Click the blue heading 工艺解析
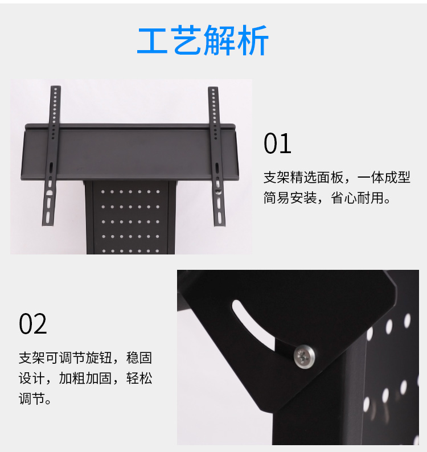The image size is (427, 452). [203, 40]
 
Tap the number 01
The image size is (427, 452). [277, 143]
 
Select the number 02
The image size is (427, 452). [33, 324]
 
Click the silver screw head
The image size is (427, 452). [304, 356]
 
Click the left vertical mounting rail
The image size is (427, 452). [51, 155]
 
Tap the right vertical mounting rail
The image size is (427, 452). [217, 156]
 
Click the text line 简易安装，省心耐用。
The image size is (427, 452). [327, 198]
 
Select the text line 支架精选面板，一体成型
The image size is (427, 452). [336, 177]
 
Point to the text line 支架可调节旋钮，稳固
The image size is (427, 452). [85, 358]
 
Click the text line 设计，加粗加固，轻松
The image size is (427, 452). [85, 378]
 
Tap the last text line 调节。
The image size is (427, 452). [35, 399]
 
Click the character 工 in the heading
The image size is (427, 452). [153, 40]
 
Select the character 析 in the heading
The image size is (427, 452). [253, 40]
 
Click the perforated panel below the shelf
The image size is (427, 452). [130, 217]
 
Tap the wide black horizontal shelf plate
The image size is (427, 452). [130, 153]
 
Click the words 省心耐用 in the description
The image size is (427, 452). [358, 198]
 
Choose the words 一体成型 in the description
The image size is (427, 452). [384, 177]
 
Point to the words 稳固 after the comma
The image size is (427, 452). [139, 358]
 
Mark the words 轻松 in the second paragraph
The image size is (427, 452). [139, 378]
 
